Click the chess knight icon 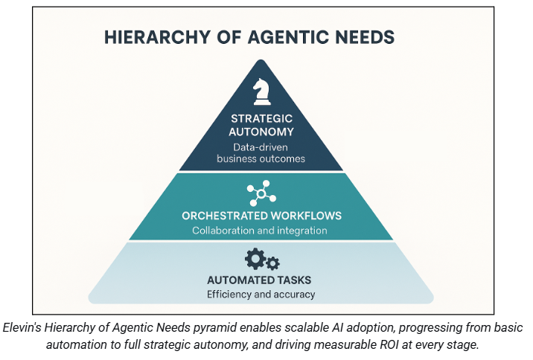261,91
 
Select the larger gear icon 254,259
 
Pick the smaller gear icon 272,263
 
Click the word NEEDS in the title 366,36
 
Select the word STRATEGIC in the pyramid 261,118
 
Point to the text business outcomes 261,158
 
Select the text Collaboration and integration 260,231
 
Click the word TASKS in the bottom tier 296,280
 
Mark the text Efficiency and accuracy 261,295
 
